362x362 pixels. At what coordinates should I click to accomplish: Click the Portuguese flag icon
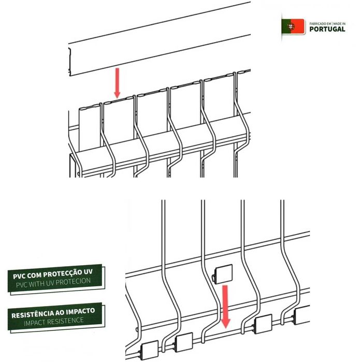click(293, 26)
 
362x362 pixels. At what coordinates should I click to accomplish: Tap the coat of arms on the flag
click(291, 26)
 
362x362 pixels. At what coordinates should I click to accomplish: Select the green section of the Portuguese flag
click(285, 26)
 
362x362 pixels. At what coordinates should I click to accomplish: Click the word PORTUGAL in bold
click(327, 30)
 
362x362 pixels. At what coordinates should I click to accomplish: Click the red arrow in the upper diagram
click(117, 82)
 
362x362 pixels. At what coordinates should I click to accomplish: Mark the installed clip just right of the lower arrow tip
click(263, 324)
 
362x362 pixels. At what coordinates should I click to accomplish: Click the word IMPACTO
click(79, 312)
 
